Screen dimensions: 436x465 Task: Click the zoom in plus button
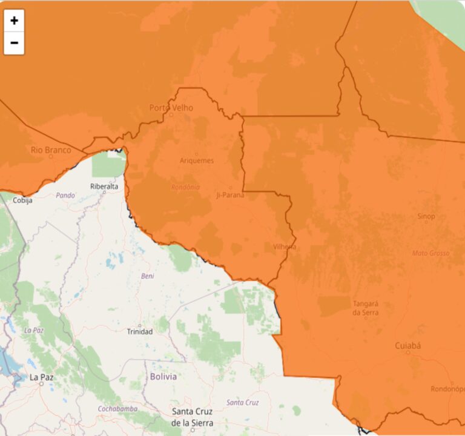[14, 21]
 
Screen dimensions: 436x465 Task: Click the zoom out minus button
[14, 43]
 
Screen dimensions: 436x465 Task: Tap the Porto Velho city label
[171, 108]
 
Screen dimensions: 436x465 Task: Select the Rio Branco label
[51, 150]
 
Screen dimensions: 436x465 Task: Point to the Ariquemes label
[197, 160]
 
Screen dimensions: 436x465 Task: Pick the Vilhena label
[285, 246]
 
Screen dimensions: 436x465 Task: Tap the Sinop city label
[426, 216]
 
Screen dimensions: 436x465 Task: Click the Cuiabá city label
[407, 346]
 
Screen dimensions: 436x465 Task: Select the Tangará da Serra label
[365, 308]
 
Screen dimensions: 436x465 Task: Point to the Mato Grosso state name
[430, 253]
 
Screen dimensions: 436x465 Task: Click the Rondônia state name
[185, 187]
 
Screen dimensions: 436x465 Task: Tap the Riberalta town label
[104, 187]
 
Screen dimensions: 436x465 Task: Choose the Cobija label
[23, 200]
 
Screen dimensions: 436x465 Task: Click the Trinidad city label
[140, 331]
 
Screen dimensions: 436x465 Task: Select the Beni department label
[148, 276]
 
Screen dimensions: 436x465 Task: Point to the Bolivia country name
[163, 377]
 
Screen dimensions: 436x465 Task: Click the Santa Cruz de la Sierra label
[191, 417]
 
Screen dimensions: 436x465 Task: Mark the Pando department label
[65, 195]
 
